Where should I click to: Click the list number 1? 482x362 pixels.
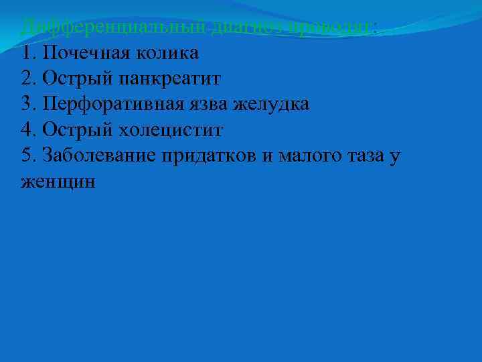point(26,53)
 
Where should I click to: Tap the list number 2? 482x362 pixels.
point(27,79)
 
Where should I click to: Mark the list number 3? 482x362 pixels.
point(27,105)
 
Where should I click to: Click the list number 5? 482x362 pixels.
point(27,156)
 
